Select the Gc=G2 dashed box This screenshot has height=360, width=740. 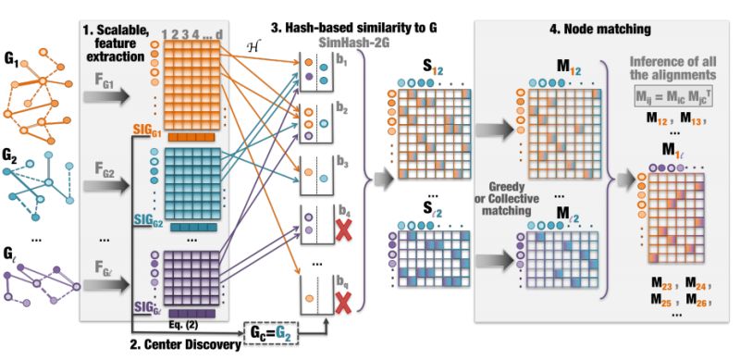273,329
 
